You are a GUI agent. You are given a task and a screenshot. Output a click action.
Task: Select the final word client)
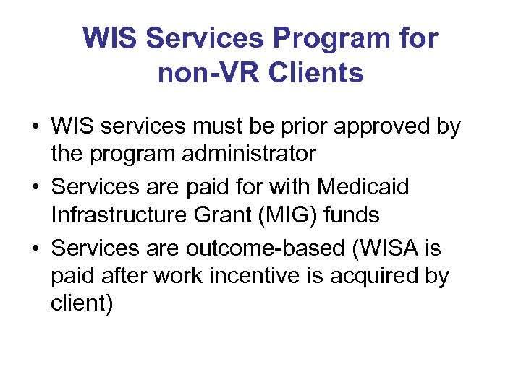coord(82,303)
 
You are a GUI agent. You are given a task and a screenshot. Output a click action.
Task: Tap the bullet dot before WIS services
coord(35,128)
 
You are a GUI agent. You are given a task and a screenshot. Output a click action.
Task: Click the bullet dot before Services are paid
coord(35,187)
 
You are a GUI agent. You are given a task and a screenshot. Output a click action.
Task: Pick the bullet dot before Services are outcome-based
coord(35,248)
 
